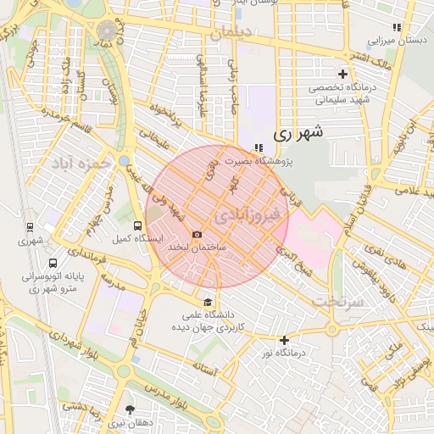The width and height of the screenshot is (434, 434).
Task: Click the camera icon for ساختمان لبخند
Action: [198, 234]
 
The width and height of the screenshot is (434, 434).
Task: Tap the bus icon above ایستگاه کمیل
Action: [138, 225]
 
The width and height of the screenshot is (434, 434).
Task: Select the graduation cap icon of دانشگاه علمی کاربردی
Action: [208, 303]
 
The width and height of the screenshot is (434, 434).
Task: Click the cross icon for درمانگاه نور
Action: [285, 339]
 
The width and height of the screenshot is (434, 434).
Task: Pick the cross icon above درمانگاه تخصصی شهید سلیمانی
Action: [342, 75]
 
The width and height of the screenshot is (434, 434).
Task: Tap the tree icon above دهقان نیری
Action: [130, 409]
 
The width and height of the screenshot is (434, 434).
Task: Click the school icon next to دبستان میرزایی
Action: [397, 28]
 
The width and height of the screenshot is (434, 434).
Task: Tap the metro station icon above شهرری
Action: [31, 227]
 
